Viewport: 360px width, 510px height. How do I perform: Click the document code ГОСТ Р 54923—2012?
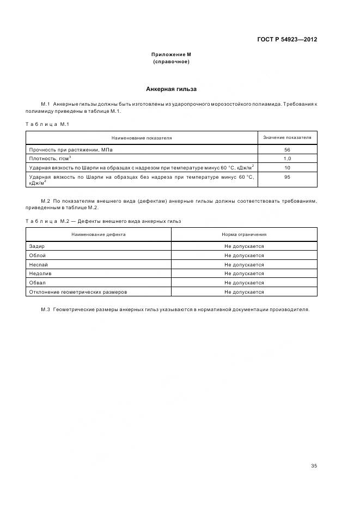click(286, 39)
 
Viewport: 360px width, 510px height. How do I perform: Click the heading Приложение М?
click(171, 54)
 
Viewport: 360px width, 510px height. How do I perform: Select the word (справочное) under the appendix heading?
click(171, 62)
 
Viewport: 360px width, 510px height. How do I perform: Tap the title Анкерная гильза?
click(171, 89)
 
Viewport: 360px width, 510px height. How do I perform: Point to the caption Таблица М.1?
click(47, 124)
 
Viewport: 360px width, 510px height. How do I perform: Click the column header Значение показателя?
click(287, 137)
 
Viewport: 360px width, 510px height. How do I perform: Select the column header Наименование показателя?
click(142, 138)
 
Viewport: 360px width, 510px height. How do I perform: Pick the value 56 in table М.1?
click(287, 149)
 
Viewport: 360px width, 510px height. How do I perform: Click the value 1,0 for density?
click(287, 158)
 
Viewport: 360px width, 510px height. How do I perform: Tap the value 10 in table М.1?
click(287, 167)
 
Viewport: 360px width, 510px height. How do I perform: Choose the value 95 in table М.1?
click(287, 177)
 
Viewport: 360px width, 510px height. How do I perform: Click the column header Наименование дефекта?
click(99, 234)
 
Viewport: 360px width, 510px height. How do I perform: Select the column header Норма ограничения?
click(244, 234)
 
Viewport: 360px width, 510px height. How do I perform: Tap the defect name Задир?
click(36, 246)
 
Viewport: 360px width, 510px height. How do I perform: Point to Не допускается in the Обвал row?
click(244, 283)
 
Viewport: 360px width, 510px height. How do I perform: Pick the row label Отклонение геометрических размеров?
click(78, 292)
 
